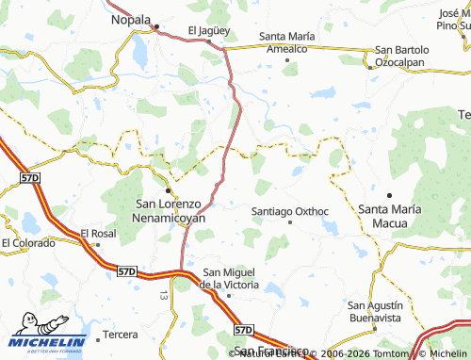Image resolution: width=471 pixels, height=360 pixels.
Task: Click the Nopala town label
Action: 130,19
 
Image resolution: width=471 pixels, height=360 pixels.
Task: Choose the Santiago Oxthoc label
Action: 290,211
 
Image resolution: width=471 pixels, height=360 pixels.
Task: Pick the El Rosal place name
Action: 97,233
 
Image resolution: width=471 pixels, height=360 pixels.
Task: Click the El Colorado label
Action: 28,242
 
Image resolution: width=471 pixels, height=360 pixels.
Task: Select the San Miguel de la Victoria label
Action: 231,278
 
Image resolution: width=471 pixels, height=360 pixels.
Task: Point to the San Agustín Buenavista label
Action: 375,311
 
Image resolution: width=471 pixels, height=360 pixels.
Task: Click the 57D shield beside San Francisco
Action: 243,330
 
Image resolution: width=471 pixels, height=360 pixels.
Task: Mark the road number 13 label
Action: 163,295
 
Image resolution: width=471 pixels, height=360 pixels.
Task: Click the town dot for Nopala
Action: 157,26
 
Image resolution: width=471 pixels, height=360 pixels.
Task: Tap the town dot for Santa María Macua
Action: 388,194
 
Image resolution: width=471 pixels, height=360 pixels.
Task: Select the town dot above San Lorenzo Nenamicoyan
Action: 168,191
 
